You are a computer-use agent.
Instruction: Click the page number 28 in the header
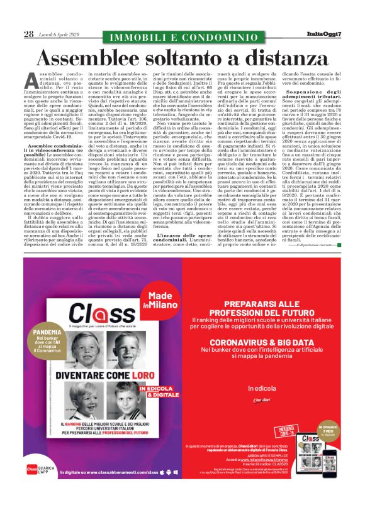coord(28,34)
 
